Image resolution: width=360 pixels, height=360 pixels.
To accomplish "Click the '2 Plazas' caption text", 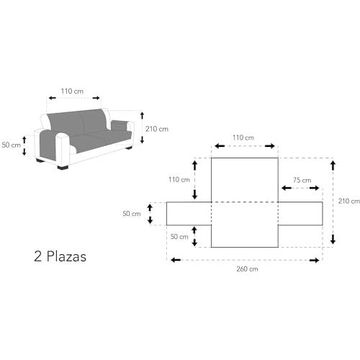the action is pos(60,256).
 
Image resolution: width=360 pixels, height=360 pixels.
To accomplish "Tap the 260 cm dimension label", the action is pos(247,269).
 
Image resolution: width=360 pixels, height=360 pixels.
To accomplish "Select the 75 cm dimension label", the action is pos(302,180).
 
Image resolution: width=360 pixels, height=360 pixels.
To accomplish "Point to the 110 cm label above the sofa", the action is pos(72,91).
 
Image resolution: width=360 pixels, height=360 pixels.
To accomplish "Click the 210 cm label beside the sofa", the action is pos(157,129).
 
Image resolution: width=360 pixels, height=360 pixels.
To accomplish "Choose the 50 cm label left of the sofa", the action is pos(11,145).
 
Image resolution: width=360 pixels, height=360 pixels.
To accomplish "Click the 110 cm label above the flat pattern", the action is pos(243,138).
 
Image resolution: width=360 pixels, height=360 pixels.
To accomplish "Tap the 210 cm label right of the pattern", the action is pos(349,201).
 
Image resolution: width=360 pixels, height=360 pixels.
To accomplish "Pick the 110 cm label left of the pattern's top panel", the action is pos(179,180).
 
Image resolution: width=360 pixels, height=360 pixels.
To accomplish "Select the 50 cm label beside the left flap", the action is pos(132,214).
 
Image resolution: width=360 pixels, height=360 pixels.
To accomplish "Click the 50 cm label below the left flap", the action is pos(179,237).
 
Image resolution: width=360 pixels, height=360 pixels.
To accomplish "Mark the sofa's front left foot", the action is pos(63,167).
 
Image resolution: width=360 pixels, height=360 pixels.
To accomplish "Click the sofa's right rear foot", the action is pos(129,148).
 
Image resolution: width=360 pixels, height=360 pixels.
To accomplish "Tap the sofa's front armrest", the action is pos(63,149).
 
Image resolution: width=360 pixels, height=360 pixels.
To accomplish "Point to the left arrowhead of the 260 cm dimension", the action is pos(176,260).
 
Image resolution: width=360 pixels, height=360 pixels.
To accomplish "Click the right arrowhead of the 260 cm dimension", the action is pos(315,261).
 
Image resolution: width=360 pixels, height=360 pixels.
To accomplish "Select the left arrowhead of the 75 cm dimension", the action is pos(286,188).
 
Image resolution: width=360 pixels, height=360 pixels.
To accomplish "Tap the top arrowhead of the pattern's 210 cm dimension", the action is pos(333,166).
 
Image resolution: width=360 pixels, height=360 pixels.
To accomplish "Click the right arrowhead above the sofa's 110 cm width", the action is pos(96,98).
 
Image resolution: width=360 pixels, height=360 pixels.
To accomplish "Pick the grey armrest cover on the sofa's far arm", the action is pos(120,125).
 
